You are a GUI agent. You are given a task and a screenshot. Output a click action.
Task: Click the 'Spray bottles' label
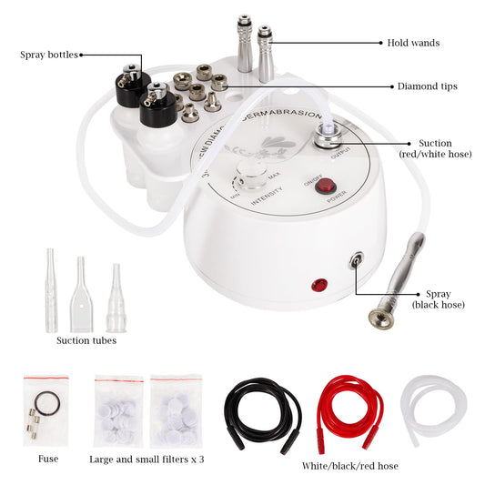(x=48, y=55)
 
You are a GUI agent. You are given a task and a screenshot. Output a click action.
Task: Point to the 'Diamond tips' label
(x=427, y=86)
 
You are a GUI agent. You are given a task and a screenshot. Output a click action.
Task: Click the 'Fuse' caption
(x=48, y=459)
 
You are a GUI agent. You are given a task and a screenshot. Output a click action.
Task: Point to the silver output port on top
(x=326, y=136)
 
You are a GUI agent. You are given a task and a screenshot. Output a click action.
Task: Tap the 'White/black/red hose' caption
(x=349, y=466)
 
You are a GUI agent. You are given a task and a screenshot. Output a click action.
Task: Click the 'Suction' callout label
(x=434, y=148)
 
